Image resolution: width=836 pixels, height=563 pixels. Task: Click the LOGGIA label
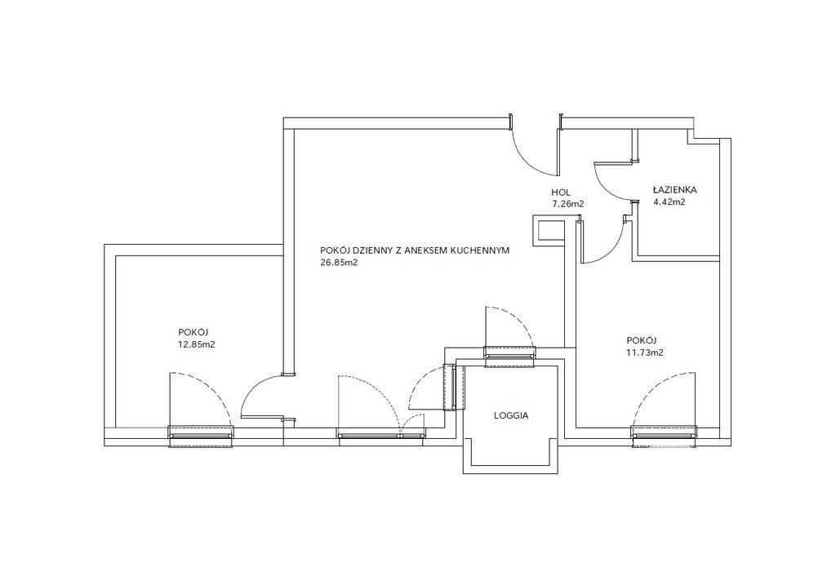(x=511, y=415)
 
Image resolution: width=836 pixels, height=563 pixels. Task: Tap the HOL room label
(x=560, y=193)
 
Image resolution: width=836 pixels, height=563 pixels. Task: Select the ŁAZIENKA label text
(x=674, y=189)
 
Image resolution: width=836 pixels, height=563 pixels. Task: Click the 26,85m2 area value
(x=338, y=262)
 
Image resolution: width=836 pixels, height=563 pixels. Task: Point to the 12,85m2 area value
(x=196, y=344)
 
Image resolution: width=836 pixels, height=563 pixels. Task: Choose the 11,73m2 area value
(x=645, y=352)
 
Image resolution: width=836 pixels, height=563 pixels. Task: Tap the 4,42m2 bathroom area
(x=669, y=202)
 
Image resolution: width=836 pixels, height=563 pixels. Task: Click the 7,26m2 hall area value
(x=568, y=203)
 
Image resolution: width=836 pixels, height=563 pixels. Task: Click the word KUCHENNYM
(x=480, y=250)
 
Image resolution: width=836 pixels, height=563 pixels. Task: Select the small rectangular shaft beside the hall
(x=549, y=230)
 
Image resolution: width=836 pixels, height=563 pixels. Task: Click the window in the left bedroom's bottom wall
(x=201, y=436)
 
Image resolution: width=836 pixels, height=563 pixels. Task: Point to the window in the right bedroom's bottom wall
(x=664, y=436)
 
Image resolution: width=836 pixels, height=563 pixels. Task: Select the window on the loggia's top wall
(x=509, y=357)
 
